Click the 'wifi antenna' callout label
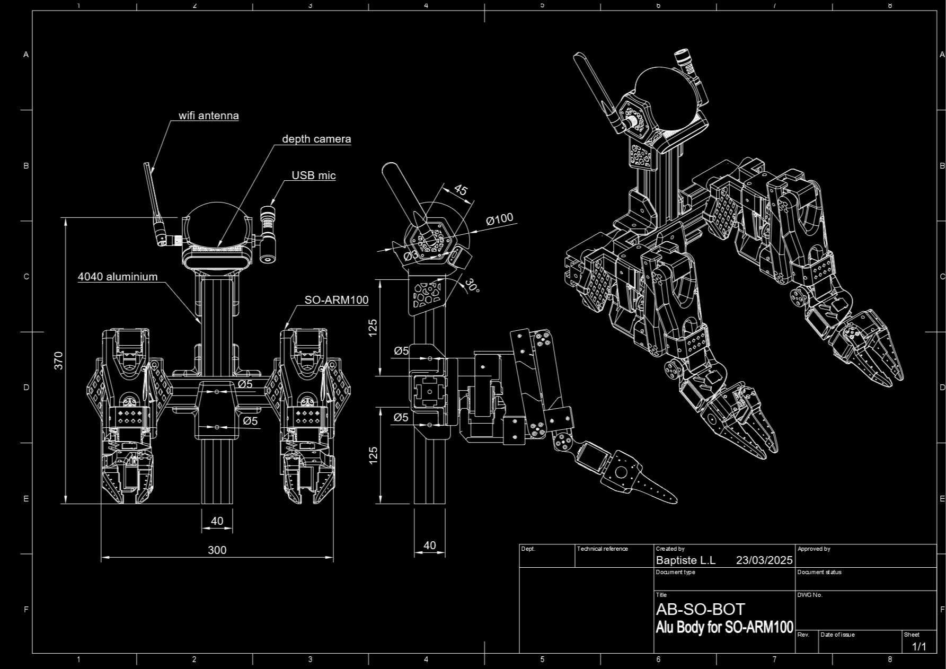(x=208, y=116)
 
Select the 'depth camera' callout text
(x=316, y=139)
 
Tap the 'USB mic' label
(x=313, y=175)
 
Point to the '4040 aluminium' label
(x=118, y=277)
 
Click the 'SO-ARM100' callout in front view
(x=336, y=300)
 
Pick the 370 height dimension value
(x=59, y=360)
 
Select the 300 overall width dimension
(x=217, y=550)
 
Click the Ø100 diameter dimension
(x=499, y=219)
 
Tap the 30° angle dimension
(x=471, y=286)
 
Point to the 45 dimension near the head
(x=460, y=190)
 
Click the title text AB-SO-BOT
(x=700, y=609)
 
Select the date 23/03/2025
(x=764, y=560)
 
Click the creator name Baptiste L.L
(x=685, y=560)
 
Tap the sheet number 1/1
(x=919, y=646)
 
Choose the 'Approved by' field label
(x=814, y=549)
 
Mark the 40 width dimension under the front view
(x=217, y=521)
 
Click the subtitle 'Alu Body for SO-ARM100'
(x=724, y=628)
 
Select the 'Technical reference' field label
(x=602, y=549)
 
